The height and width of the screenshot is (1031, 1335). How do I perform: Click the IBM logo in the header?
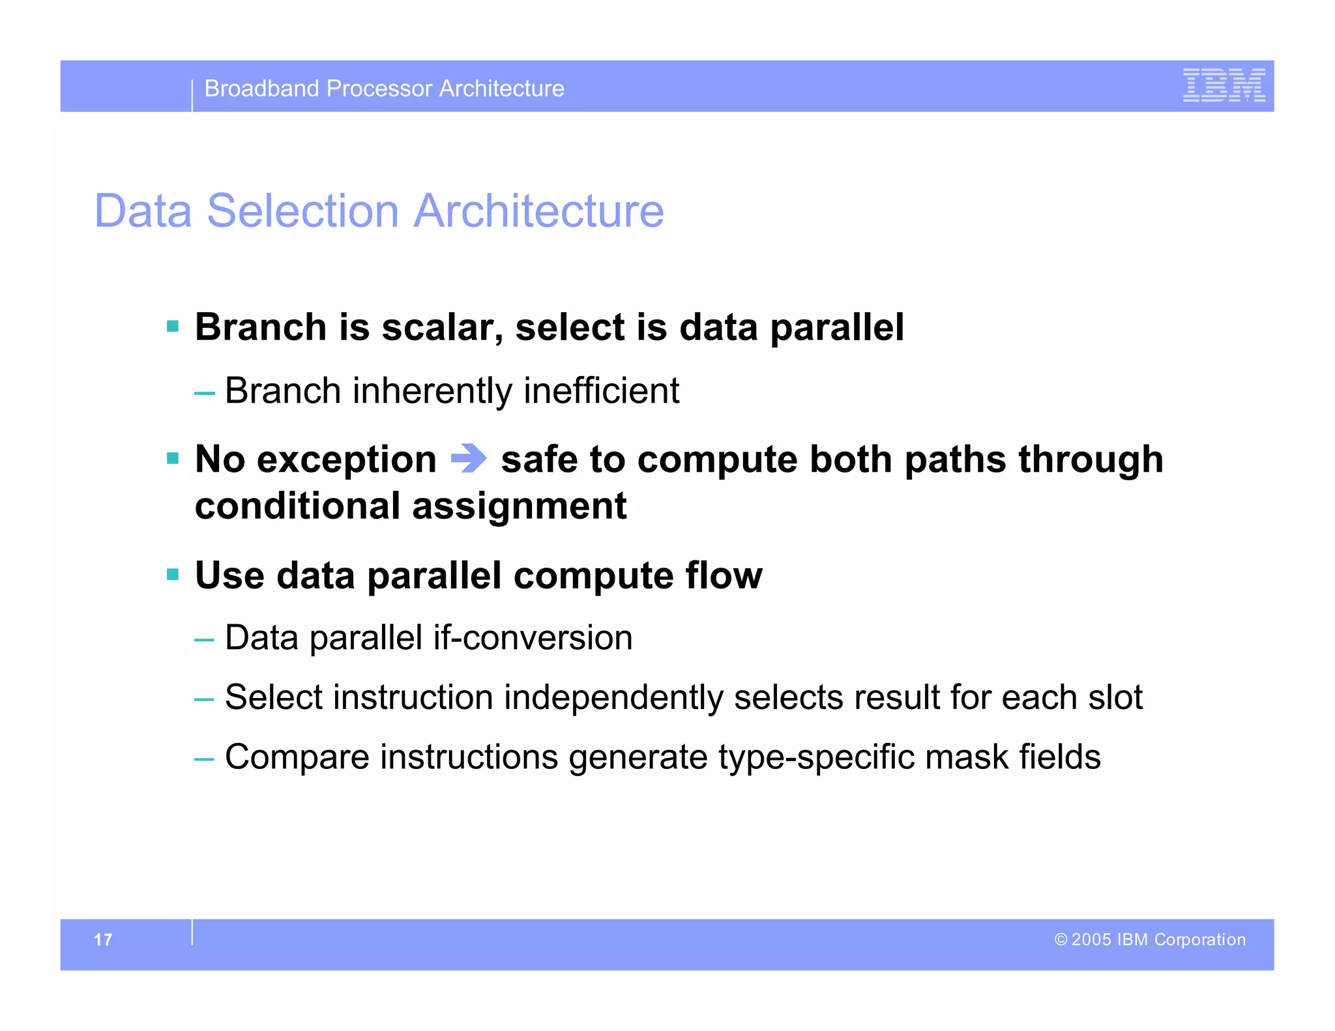click(x=1224, y=85)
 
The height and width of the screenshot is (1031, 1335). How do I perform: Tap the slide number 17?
click(x=103, y=940)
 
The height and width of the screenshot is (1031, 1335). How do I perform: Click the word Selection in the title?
click(x=302, y=211)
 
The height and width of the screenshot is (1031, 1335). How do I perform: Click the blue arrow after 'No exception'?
click(x=469, y=458)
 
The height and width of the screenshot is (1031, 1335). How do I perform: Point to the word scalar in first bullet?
click(x=442, y=327)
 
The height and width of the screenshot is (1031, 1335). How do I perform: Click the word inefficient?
click(x=601, y=391)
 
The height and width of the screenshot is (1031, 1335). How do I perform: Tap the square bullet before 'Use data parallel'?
click(x=173, y=575)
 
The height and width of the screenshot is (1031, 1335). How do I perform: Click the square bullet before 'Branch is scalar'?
click(x=173, y=327)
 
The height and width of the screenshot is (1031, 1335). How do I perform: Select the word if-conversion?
click(x=533, y=637)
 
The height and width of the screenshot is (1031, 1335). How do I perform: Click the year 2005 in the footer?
click(x=1091, y=940)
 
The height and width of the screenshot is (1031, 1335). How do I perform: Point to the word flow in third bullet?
click(x=724, y=575)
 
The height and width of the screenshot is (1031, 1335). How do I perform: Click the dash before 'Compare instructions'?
click(x=204, y=759)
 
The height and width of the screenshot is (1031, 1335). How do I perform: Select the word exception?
click(x=347, y=459)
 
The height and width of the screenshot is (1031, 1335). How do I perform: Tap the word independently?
click(x=613, y=697)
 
